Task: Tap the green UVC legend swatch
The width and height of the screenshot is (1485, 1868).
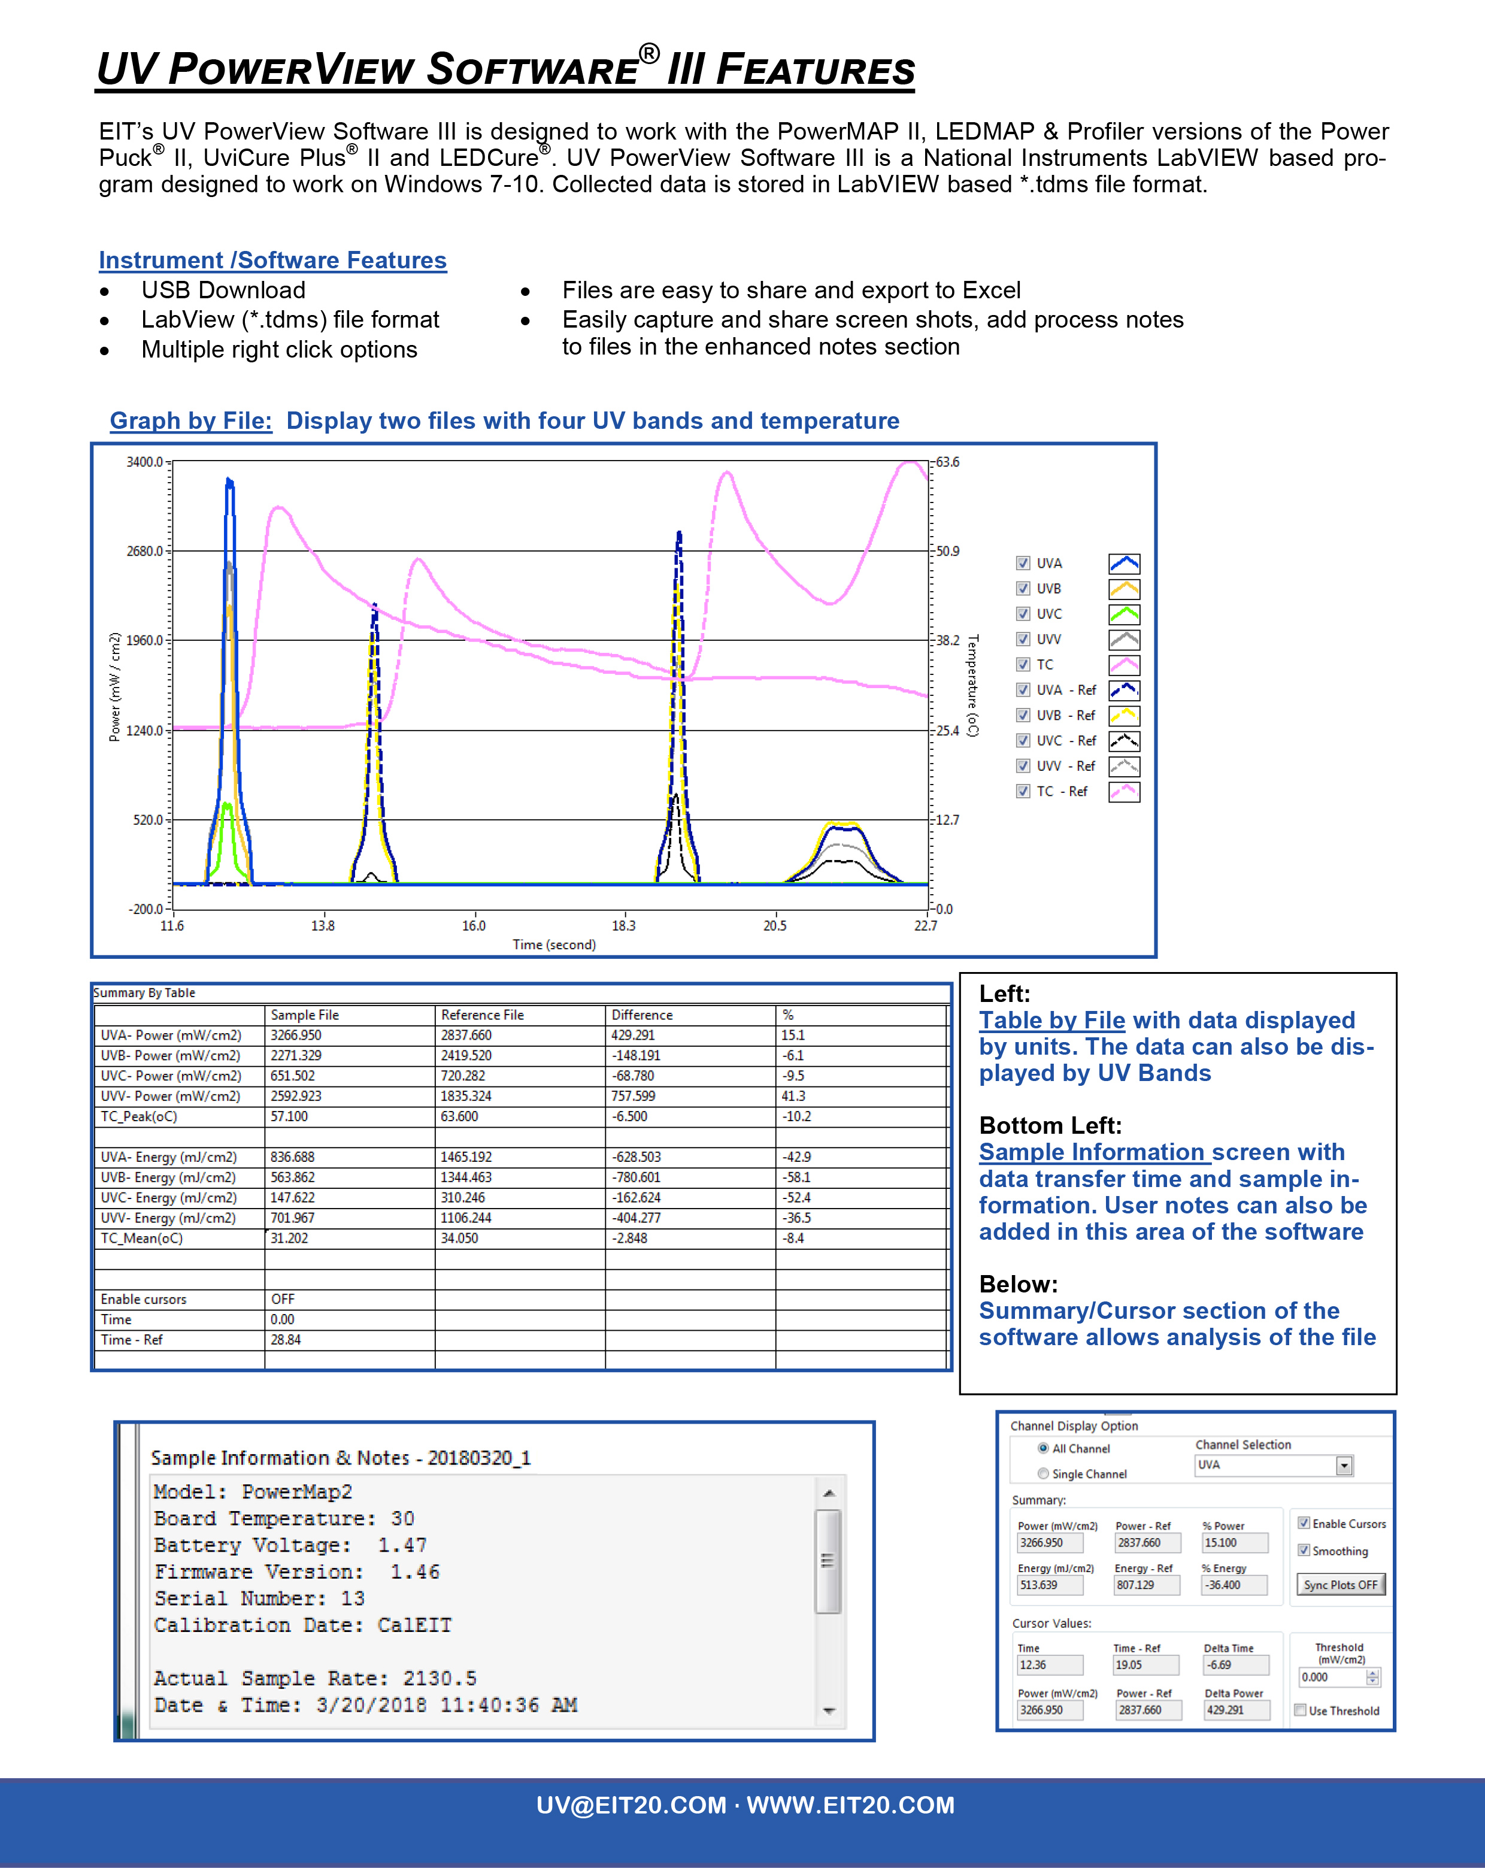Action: [x=1124, y=614]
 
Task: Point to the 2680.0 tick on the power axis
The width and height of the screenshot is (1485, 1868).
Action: [x=145, y=551]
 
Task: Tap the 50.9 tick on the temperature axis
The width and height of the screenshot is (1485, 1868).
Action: [x=948, y=551]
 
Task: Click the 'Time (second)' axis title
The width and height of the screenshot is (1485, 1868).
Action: [x=554, y=944]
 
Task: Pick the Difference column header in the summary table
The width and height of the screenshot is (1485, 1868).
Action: [x=642, y=1015]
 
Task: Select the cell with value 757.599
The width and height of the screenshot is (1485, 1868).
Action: [x=634, y=1096]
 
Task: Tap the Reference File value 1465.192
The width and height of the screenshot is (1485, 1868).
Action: [x=466, y=1156]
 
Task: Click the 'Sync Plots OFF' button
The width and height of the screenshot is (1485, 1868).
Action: [x=1340, y=1585]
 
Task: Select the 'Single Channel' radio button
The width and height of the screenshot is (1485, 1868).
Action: [x=1043, y=1474]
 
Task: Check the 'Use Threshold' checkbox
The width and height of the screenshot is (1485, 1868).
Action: [x=1299, y=1710]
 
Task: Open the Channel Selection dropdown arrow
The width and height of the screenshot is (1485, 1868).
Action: [x=1344, y=1465]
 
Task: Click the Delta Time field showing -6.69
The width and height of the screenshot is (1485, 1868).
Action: [x=1235, y=1665]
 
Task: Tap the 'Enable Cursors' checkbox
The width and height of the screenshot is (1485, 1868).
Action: [x=1303, y=1523]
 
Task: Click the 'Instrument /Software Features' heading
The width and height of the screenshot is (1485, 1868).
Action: [x=273, y=260]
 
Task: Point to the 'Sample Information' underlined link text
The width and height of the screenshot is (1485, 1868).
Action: [x=1092, y=1152]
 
